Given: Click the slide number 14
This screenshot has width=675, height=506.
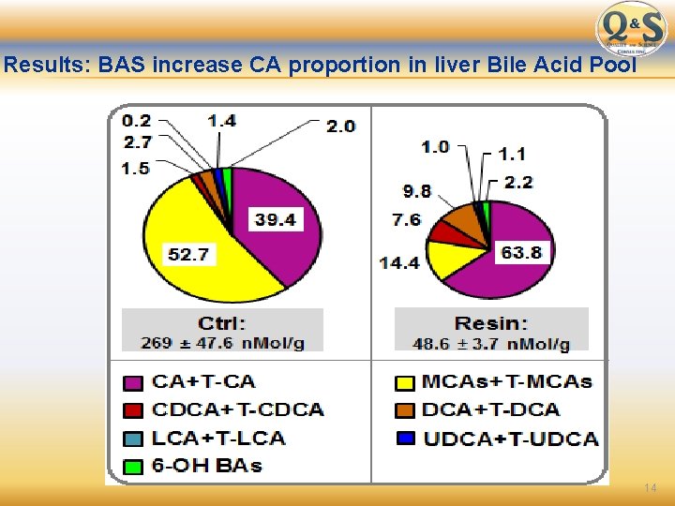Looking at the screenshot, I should (650, 489).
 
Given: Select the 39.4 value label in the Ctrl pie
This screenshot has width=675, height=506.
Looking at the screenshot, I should (276, 220).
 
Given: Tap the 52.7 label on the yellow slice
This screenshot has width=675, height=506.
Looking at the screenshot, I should (189, 254).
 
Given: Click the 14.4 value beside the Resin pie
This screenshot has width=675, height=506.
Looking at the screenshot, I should (399, 262).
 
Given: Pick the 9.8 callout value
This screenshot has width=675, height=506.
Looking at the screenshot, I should (417, 191).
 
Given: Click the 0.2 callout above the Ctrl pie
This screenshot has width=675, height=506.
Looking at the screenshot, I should (136, 120).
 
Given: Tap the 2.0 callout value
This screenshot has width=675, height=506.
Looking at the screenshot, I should (340, 126).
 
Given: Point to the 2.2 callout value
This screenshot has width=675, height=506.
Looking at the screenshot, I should (517, 182).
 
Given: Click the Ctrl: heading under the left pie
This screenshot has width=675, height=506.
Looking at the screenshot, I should (222, 323).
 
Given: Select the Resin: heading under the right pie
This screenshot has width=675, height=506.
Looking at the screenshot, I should (490, 323).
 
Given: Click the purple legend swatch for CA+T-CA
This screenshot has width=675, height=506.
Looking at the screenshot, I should (134, 382).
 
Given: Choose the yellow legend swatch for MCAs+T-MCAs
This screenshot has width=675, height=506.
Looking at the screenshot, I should (405, 382).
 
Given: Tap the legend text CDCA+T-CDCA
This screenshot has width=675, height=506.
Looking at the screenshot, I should (238, 409).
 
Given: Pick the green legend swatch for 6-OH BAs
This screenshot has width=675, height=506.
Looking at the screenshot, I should (134, 466).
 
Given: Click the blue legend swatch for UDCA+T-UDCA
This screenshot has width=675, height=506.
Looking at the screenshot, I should (405, 438).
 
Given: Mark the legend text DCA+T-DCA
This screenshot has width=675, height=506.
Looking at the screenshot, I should (491, 409).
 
